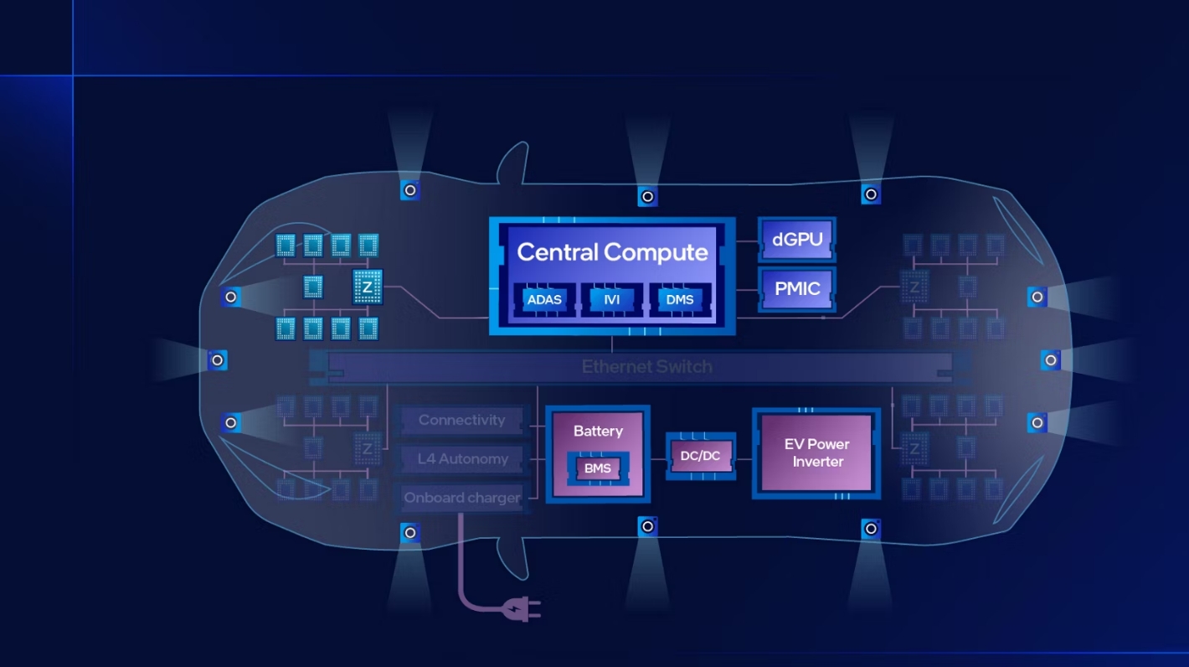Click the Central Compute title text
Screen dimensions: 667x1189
click(612, 252)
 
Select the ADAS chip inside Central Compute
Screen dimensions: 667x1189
click(543, 299)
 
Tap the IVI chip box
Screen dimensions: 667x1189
click(611, 299)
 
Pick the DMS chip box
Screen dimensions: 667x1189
click(679, 299)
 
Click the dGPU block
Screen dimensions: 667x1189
click(797, 239)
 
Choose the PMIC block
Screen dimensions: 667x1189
click(797, 288)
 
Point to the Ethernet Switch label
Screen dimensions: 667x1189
click(646, 367)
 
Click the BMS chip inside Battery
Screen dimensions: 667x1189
click(598, 468)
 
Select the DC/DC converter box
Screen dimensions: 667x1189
click(701, 456)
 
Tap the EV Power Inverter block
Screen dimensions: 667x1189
click(816, 452)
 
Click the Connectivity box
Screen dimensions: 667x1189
click(461, 420)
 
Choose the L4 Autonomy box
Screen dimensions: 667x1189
click(461, 458)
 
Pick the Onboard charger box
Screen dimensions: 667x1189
click(461, 498)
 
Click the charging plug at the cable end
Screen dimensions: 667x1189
click(523, 609)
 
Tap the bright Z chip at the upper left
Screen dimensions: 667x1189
click(367, 287)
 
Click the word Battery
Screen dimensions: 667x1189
click(598, 431)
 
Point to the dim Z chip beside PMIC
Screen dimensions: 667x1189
click(914, 287)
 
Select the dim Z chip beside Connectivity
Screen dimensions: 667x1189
click(367, 448)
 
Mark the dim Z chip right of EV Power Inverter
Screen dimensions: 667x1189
click(914, 448)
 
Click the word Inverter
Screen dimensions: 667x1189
click(818, 462)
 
